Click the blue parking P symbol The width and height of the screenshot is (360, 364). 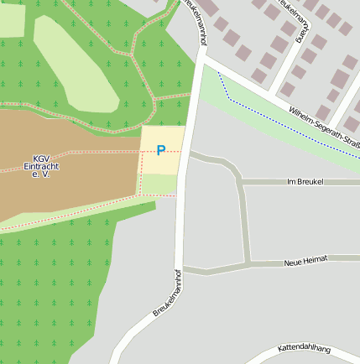click(161, 151)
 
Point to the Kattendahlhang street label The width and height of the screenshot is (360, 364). click(304, 348)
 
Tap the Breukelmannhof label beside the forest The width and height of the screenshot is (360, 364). click(168, 293)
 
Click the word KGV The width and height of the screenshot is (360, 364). click(41, 159)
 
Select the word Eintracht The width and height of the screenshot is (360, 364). click(41, 167)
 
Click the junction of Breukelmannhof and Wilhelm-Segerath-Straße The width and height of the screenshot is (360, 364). click(201, 60)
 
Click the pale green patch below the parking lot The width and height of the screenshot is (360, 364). click(158, 184)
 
